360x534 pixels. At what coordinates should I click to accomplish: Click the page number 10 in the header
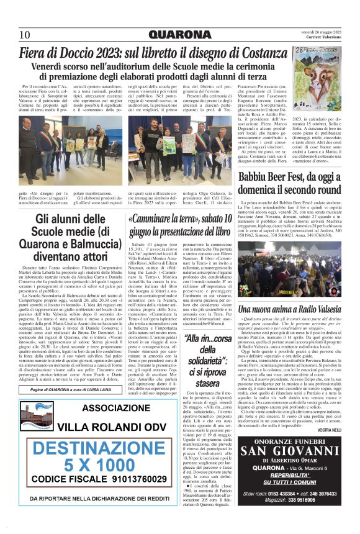pos(25,34)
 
